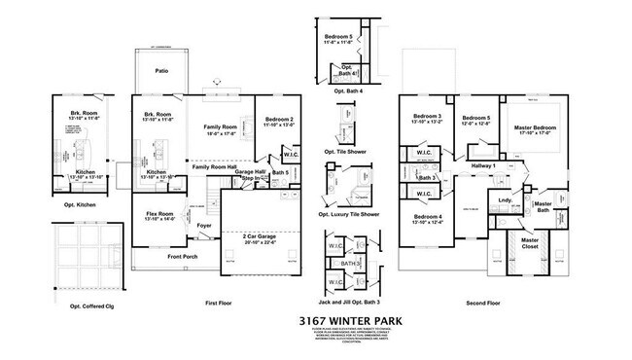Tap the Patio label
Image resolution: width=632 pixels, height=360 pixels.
click(x=162, y=70)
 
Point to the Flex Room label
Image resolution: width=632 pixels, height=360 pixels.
click(x=158, y=214)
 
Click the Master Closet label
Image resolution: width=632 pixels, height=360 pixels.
click(x=529, y=241)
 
